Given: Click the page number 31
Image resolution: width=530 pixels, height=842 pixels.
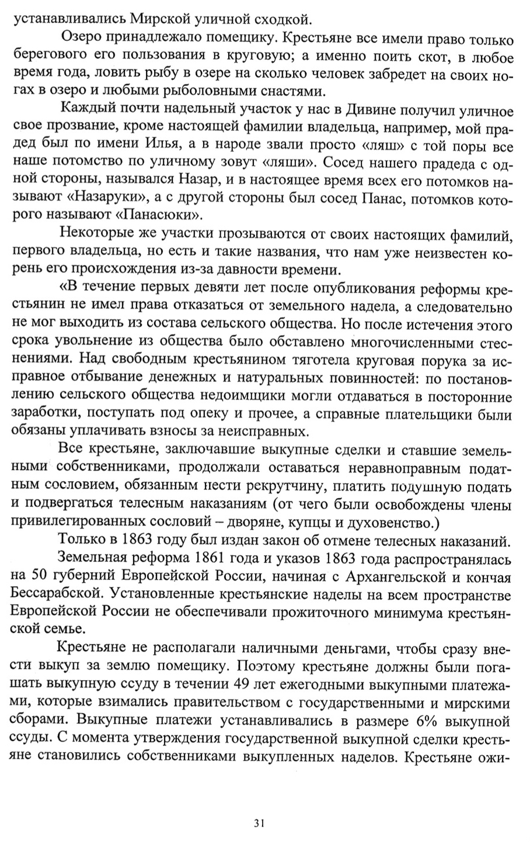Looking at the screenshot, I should [260, 823].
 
